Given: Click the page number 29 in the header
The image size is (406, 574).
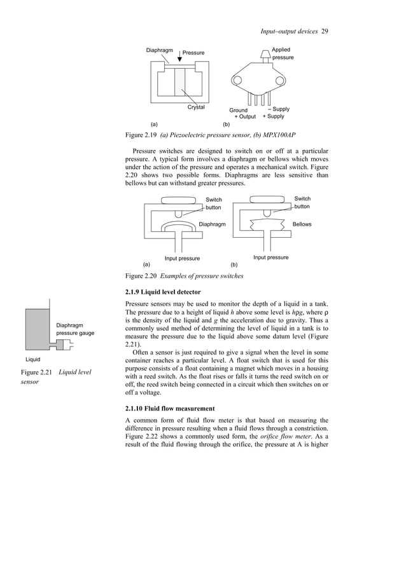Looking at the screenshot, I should pyautogui.click(x=325, y=32).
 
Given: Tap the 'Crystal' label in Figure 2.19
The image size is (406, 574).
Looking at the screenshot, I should pyautogui.click(x=195, y=107).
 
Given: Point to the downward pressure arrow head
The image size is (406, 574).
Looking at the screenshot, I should pyautogui.click(x=179, y=60).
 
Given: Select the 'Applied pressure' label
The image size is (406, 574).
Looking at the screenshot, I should pyautogui.click(x=283, y=53).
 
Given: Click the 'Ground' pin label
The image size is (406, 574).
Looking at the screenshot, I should pyautogui.click(x=239, y=111).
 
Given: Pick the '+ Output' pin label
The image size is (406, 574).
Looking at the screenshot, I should pyautogui.click(x=245, y=117).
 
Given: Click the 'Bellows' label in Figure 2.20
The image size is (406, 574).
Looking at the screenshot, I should pyautogui.click(x=302, y=224).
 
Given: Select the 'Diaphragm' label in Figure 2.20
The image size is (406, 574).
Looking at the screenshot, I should pyautogui.click(x=213, y=224).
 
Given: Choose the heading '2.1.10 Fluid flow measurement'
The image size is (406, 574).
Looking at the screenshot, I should pyautogui.click(x=171, y=407).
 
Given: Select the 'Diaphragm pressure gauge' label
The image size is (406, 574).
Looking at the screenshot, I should pyautogui.click(x=75, y=328).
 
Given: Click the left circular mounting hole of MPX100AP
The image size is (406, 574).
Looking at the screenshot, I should pyautogui.click(x=239, y=79).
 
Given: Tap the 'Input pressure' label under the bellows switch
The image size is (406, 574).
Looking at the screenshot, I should pyautogui.click(x=270, y=257).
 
